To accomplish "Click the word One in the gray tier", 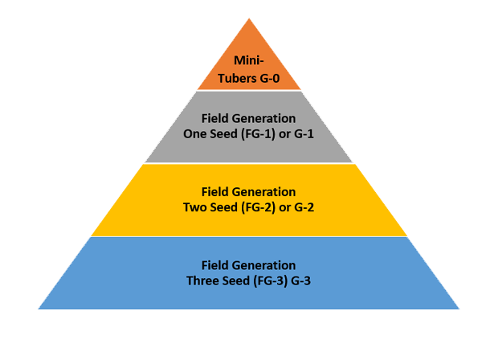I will pos(196,133).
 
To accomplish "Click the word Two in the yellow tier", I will pos(196,207).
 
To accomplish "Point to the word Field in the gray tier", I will pos(216,119).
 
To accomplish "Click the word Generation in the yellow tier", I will pos(264,192).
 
